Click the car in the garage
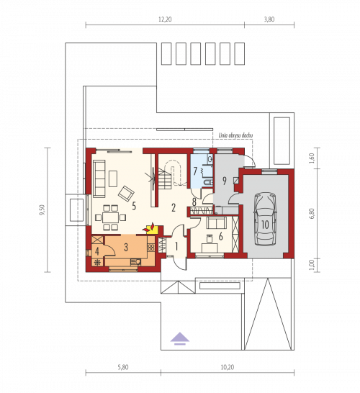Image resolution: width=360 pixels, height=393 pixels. [265, 219]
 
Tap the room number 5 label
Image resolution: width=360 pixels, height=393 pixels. [134, 206]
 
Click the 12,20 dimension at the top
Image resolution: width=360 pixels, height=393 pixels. [165, 19]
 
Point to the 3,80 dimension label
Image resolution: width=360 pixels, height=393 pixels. [269, 19]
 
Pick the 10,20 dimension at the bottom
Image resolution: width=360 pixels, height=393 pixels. [228, 367]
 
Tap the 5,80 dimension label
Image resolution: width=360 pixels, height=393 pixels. [123, 367]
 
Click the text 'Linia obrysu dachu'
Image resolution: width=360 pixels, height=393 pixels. [235, 135]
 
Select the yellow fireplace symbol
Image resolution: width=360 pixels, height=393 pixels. [151, 228]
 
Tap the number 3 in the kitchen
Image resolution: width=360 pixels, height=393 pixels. [126, 247]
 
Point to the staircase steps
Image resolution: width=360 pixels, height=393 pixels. [165, 179]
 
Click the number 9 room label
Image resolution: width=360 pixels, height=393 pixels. [225, 181]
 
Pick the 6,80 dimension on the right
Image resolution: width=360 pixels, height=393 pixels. [312, 214]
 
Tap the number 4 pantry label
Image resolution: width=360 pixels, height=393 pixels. [96, 252]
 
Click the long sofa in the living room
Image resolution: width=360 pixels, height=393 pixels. [99, 179]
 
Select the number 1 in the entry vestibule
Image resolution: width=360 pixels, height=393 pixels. [176, 247]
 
